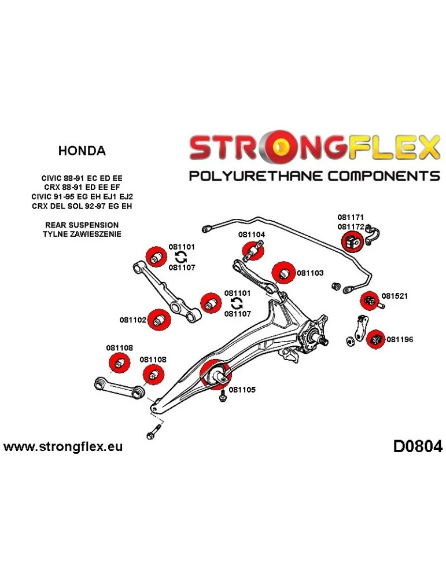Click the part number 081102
point(133,320)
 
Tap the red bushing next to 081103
point(282,272)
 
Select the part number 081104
point(251,235)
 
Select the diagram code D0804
point(417,447)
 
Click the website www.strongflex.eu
point(63,447)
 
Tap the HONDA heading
point(82,151)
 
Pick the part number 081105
point(242,390)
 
